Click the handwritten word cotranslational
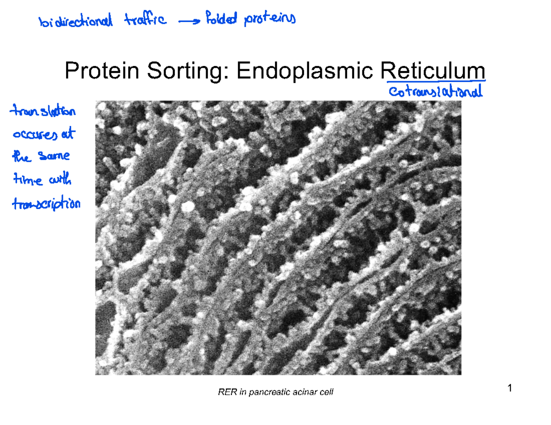pyautogui.click(x=435, y=93)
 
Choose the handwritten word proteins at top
pyautogui.click(x=270, y=20)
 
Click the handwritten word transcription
pyautogui.click(x=47, y=205)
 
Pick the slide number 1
pyautogui.click(x=509, y=389)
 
